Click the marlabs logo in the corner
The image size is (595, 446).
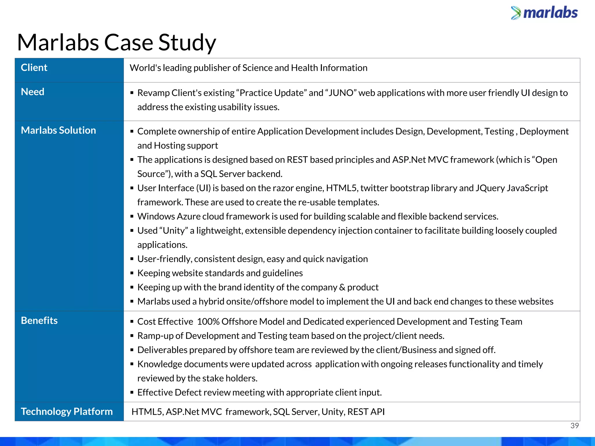click(544, 13)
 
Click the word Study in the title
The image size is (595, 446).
click(187, 43)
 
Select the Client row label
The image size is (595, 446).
click(34, 68)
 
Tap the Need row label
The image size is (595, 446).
click(33, 92)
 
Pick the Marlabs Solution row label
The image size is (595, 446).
click(58, 130)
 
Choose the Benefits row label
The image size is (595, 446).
click(39, 321)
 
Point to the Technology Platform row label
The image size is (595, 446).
click(67, 411)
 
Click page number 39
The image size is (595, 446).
click(574, 426)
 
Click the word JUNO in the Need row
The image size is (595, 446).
click(341, 93)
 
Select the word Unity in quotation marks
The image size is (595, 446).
click(174, 231)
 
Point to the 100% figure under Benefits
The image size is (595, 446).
click(208, 322)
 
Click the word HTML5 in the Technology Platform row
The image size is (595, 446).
click(147, 412)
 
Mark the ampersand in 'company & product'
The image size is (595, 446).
click(342, 287)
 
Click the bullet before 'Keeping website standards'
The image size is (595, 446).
click(132, 273)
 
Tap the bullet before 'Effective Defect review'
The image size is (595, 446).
click(132, 393)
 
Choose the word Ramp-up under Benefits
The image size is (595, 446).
click(155, 336)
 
